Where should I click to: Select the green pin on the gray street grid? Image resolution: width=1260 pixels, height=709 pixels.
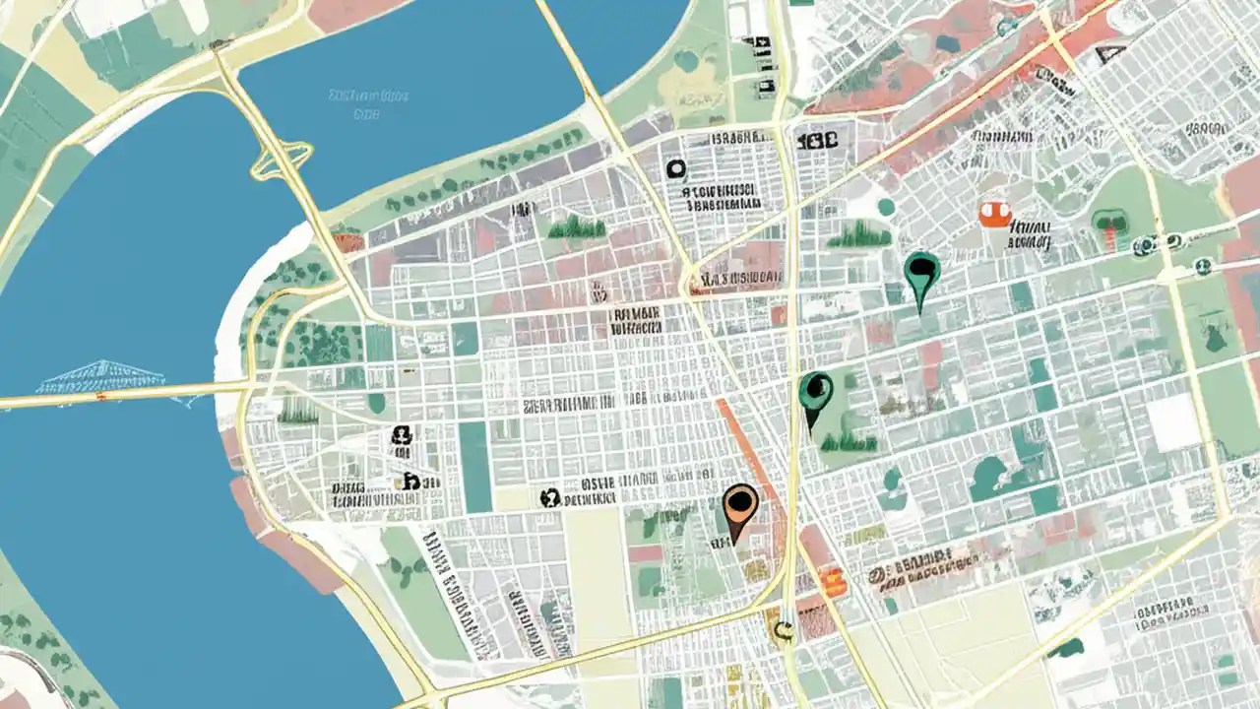[x=921, y=273]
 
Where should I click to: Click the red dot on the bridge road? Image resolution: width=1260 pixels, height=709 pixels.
[x=100, y=396]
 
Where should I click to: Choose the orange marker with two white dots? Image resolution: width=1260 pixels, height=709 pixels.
[x=995, y=213]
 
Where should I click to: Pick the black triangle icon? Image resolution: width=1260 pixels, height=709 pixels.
[x=1111, y=55]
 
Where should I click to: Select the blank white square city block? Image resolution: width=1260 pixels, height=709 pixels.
[x=1173, y=423]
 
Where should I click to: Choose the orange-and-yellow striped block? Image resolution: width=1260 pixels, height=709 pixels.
[x=833, y=582]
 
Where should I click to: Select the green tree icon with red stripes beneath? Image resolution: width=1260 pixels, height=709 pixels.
[x=1110, y=226]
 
